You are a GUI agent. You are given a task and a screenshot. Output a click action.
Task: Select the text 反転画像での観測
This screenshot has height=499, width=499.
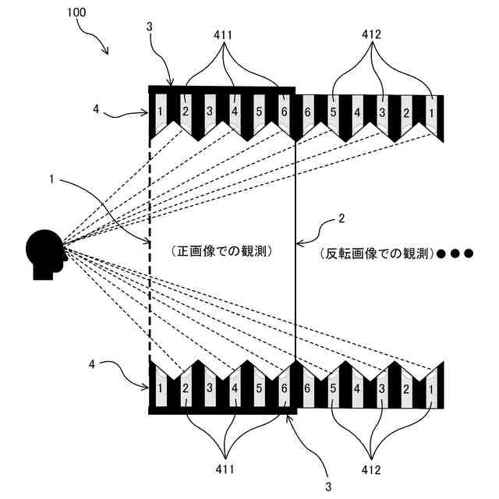coord(375,253)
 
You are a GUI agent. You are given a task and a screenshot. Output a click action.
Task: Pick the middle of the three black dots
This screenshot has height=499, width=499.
coord(454,253)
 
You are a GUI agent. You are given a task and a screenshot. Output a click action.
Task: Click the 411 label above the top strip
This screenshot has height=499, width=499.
coord(224,36)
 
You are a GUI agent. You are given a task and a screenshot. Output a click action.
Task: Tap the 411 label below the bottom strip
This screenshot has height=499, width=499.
coord(224,469)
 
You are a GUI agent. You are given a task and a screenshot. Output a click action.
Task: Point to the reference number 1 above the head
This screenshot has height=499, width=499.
coord(51,180)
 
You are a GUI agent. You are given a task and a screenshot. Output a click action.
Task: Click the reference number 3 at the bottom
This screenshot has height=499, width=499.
coord(328,486)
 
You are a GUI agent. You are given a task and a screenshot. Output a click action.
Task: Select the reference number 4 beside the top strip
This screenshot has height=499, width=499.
coord(96,110)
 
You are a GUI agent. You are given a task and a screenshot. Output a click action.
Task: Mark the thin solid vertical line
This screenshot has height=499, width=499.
coord(296,296)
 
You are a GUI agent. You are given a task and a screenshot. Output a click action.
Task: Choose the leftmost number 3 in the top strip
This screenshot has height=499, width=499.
coord(209,112)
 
